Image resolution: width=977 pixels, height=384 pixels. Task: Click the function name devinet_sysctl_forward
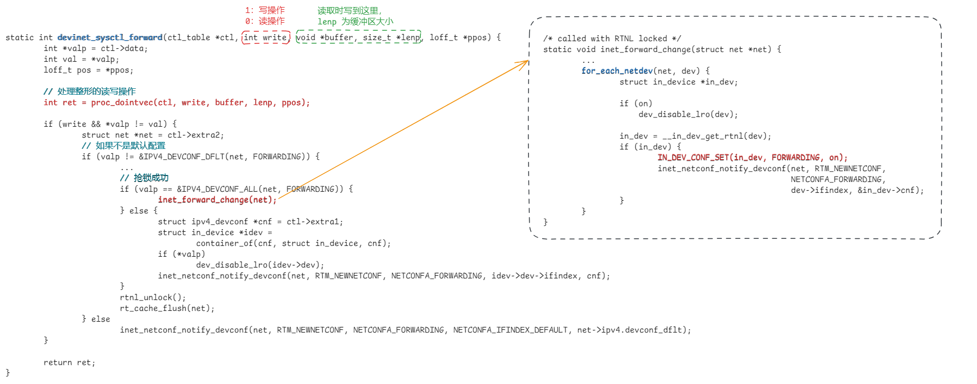[x=110, y=37]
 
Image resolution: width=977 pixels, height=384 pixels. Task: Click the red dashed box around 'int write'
[x=266, y=37]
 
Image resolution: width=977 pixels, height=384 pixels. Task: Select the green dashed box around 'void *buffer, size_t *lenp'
[x=359, y=37]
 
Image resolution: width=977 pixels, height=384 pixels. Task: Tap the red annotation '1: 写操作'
[x=265, y=10]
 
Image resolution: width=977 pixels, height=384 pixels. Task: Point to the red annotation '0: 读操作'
[x=265, y=21]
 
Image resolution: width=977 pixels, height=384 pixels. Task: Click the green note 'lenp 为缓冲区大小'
[x=355, y=22]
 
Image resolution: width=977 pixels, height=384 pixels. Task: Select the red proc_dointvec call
[x=177, y=102]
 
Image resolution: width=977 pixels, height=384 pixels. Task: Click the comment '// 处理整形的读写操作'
[x=90, y=92]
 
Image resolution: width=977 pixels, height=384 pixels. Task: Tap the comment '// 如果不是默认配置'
[x=123, y=146]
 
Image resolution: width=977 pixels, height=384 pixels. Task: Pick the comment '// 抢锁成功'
[x=144, y=178]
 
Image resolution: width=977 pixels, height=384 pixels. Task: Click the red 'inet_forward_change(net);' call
[x=217, y=200]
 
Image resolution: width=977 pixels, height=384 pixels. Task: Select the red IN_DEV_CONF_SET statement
[x=752, y=158]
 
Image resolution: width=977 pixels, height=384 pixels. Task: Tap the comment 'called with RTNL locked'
[x=612, y=38]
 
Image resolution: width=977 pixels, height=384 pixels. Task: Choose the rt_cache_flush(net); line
[x=167, y=308]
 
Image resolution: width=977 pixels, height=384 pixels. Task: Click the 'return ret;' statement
[x=69, y=362]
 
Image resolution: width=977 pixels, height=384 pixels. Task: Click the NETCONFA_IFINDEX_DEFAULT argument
[x=510, y=330]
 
